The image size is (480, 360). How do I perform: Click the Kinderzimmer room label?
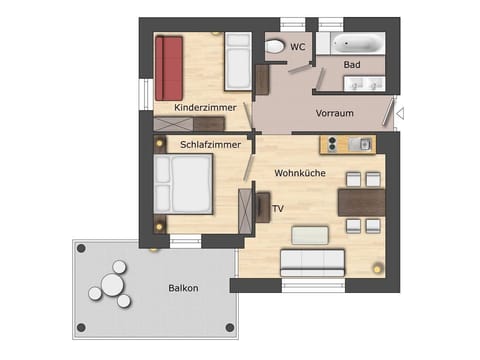coord(204,107)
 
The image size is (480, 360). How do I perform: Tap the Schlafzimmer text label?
coord(210,145)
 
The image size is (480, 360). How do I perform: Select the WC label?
coord(297,46)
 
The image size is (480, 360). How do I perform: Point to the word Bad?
coord(351,65)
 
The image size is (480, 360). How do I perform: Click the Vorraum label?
coord(335,113)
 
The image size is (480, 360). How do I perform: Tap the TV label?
coord(278,209)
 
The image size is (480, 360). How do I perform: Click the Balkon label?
coord(183,289)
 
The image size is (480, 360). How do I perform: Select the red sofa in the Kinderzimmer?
coord(168,67)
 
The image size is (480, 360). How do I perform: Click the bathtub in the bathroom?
coord(356,44)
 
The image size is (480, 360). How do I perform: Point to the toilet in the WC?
coord(274,46)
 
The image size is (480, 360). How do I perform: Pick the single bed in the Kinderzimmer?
coord(238,62)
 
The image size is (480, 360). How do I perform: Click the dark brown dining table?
coord(361,203)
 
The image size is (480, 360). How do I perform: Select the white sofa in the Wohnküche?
coord(313,261)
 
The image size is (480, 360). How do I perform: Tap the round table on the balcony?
coord(108,289)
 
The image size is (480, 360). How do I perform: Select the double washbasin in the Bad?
coord(363,83)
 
